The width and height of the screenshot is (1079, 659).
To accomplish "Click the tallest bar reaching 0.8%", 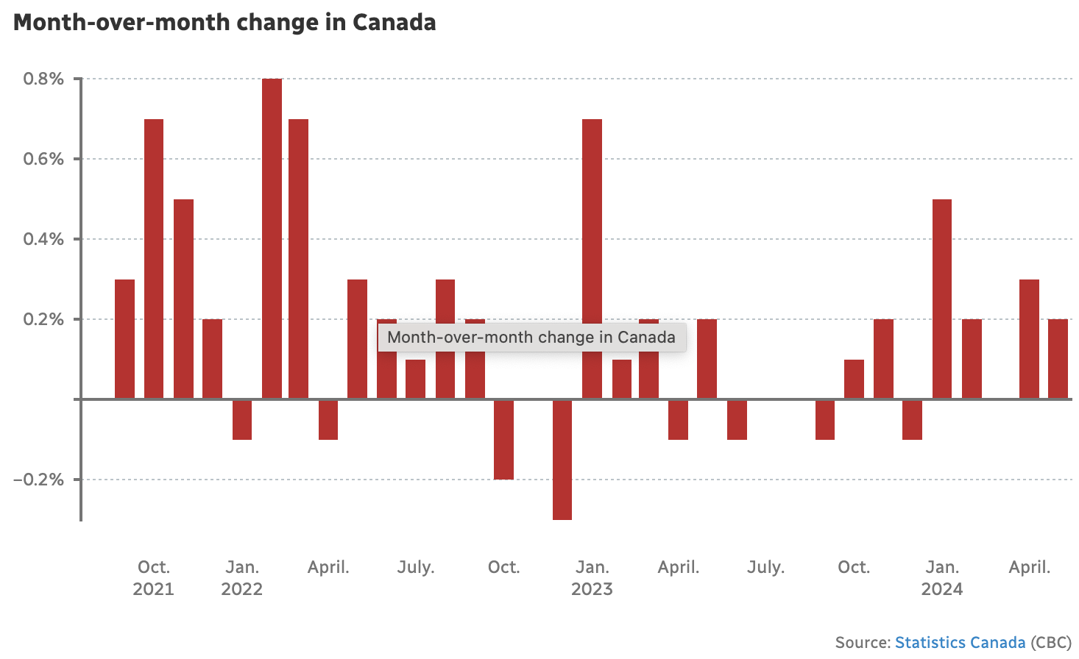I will click(x=272, y=239).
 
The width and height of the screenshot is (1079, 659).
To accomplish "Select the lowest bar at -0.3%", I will click(x=562, y=460).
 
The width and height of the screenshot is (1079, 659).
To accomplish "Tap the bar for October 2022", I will click(x=503, y=439).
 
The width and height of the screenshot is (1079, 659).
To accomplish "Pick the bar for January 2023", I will click(x=592, y=259).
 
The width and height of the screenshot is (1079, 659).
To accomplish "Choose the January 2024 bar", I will click(x=942, y=299).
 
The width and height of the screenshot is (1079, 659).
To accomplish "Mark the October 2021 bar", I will click(x=154, y=259).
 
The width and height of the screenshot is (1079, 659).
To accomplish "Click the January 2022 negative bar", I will click(x=242, y=419).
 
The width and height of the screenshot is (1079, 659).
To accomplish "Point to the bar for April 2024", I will click(x=1029, y=339).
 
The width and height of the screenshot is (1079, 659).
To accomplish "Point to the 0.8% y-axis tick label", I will click(x=43, y=79).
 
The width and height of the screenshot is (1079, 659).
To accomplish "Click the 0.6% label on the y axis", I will click(x=43, y=159).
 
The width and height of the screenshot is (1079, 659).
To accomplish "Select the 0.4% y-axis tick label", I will click(x=43, y=239).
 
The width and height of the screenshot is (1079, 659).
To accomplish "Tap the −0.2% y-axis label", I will click(x=38, y=480).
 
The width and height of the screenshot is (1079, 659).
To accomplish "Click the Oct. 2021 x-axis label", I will click(x=154, y=577).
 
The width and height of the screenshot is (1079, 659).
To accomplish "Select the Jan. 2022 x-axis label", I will click(x=242, y=577).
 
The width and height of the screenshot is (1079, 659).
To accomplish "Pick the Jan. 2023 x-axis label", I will click(x=592, y=577).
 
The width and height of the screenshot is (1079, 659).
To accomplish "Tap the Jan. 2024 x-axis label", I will click(x=942, y=577).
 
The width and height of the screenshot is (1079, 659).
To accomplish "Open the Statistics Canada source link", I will click(x=960, y=643).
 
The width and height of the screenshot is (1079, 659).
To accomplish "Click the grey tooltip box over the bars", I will click(x=531, y=338).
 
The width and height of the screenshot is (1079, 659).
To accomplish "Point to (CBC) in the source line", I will click(x=1051, y=643).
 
